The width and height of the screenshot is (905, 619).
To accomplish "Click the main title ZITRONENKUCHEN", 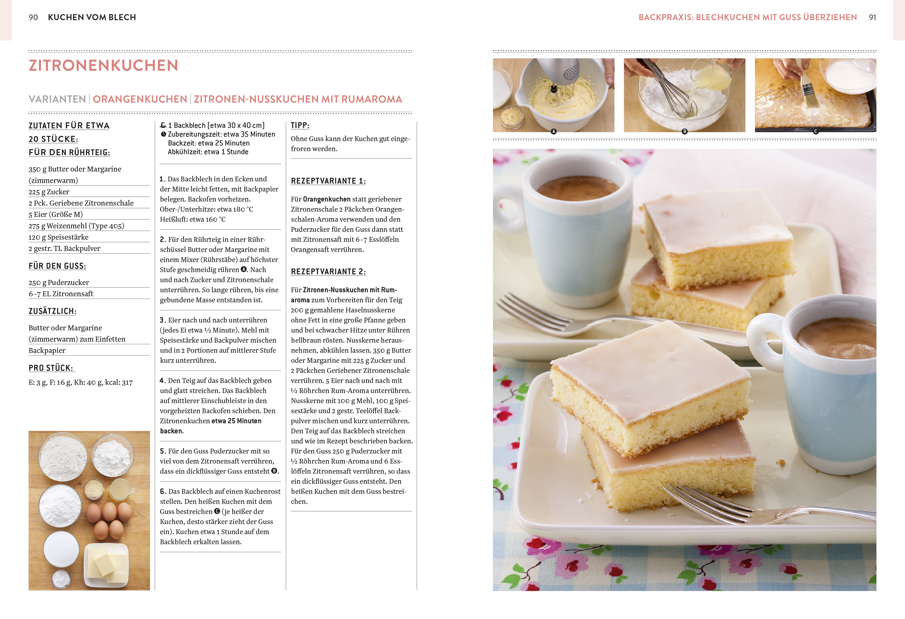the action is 103,65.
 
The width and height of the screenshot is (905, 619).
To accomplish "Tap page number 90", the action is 33,17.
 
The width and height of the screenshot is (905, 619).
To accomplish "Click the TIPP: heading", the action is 300,125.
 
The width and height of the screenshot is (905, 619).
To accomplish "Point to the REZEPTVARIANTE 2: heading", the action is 328,272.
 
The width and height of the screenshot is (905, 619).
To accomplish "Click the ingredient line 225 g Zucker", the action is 49,191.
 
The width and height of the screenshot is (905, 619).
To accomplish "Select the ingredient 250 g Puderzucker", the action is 59,282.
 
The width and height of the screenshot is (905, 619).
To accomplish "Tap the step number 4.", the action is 162,380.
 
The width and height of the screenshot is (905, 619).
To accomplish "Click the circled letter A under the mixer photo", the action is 553,132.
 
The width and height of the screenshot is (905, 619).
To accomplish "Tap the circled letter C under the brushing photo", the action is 815,132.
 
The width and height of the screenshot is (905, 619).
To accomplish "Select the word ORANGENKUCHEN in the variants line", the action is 140,99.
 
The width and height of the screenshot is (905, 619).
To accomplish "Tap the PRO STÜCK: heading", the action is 51,368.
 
